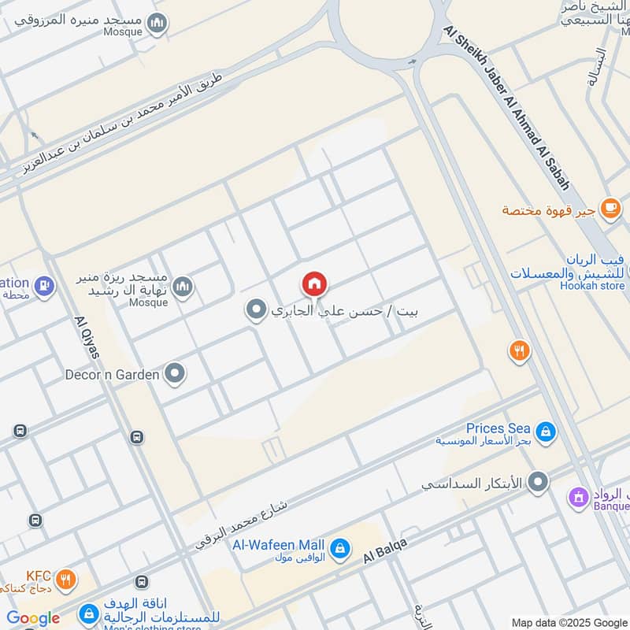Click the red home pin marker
[314, 283]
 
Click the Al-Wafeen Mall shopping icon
[339, 547]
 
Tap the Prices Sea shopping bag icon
[545, 431]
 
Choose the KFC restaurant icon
[67, 580]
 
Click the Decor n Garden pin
[175, 374]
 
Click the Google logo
[33, 618]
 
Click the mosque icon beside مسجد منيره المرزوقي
[158, 24]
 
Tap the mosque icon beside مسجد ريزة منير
[182, 285]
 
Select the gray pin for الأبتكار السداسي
[539, 482]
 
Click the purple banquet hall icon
[580, 497]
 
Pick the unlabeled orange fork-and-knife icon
[519, 351]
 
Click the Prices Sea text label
[498, 428]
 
